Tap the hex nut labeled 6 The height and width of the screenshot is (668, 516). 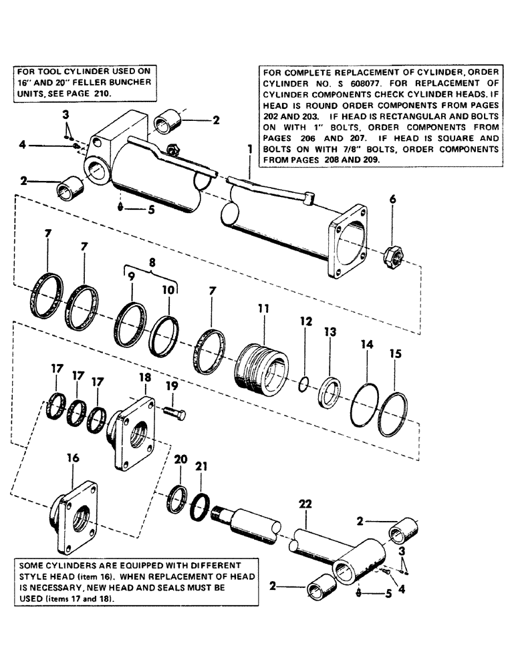[391, 255]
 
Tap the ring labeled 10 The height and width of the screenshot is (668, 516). [164, 330]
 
